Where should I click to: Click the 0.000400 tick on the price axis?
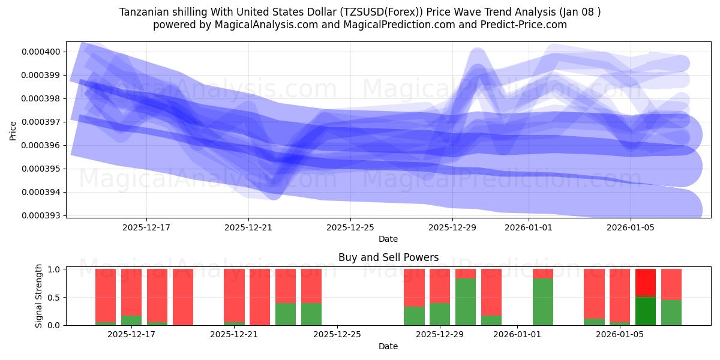41,52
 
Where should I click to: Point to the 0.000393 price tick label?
41,215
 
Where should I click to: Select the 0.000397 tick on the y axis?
41,122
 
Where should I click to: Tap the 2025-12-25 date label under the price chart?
350,228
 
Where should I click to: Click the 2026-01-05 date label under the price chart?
629,228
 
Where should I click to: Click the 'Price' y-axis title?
13,130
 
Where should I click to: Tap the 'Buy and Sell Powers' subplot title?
388,257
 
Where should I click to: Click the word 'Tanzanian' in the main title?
143,12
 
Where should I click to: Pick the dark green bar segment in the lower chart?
646,311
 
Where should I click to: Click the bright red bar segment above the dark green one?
646,283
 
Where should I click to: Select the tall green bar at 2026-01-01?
543,301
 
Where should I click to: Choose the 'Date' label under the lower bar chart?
388,346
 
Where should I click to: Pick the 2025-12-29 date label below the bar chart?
440,334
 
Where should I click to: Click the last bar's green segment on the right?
671,312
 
